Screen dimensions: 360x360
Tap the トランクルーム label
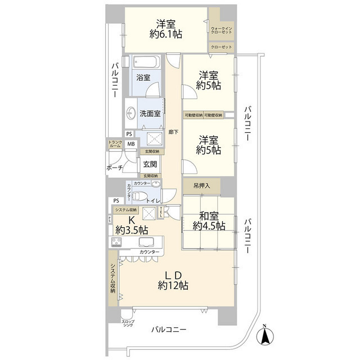click(x=115, y=144)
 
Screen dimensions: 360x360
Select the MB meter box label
click(x=130, y=144)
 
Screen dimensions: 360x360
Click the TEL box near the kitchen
click(x=162, y=212)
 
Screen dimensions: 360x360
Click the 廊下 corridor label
click(x=173, y=133)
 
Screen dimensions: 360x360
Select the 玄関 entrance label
click(x=149, y=164)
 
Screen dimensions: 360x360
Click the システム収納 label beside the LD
click(x=113, y=280)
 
